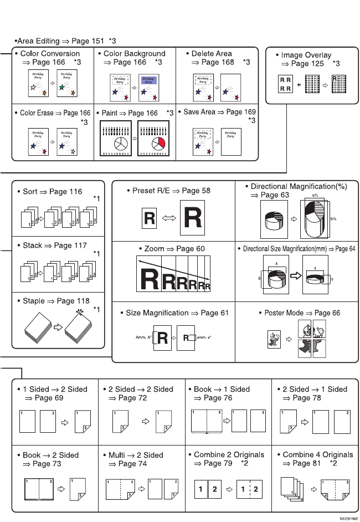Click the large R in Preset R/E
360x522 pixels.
192,219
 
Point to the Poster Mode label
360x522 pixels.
302,313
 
